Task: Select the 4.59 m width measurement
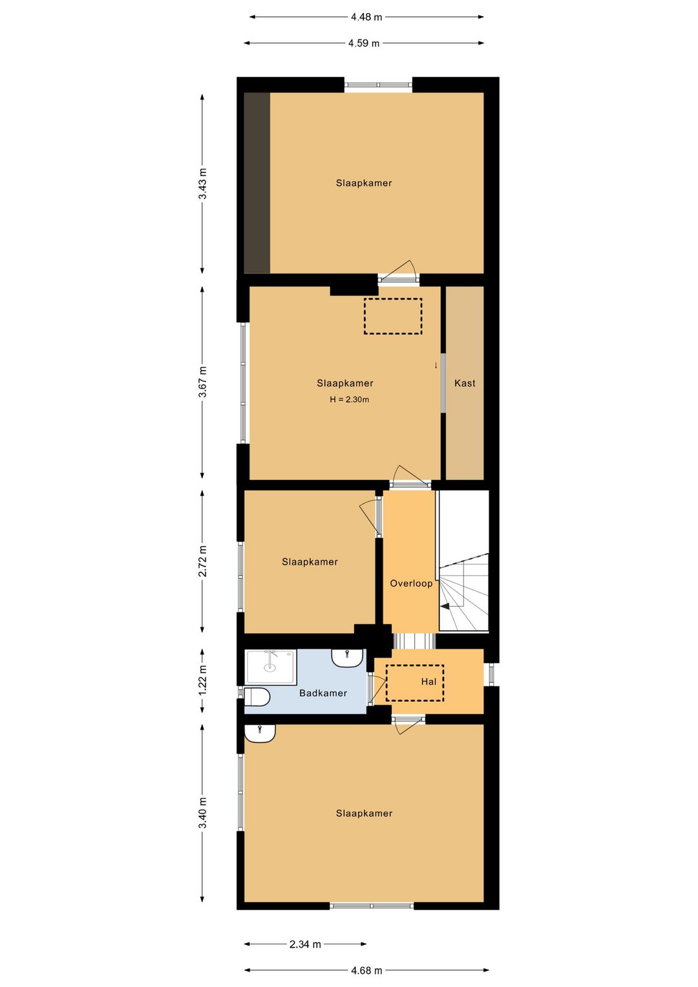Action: click(364, 43)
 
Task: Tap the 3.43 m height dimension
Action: click(202, 184)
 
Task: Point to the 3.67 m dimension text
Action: click(202, 382)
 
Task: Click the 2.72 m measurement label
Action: click(202, 561)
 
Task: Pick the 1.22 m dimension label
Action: click(202, 681)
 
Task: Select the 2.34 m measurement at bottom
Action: click(305, 944)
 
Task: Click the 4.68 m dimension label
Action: click(366, 970)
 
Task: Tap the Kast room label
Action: click(465, 384)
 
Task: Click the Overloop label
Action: click(411, 584)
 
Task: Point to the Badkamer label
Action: click(323, 693)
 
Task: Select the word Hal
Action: click(428, 682)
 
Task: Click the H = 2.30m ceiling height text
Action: click(350, 400)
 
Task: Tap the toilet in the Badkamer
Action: click(257, 697)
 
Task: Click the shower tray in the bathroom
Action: click(270, 667)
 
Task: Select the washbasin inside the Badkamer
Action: click(348, 658)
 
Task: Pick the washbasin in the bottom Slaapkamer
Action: click(260, 733)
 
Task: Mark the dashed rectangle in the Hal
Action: click(415, 682)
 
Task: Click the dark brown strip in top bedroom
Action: click(257, 183)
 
